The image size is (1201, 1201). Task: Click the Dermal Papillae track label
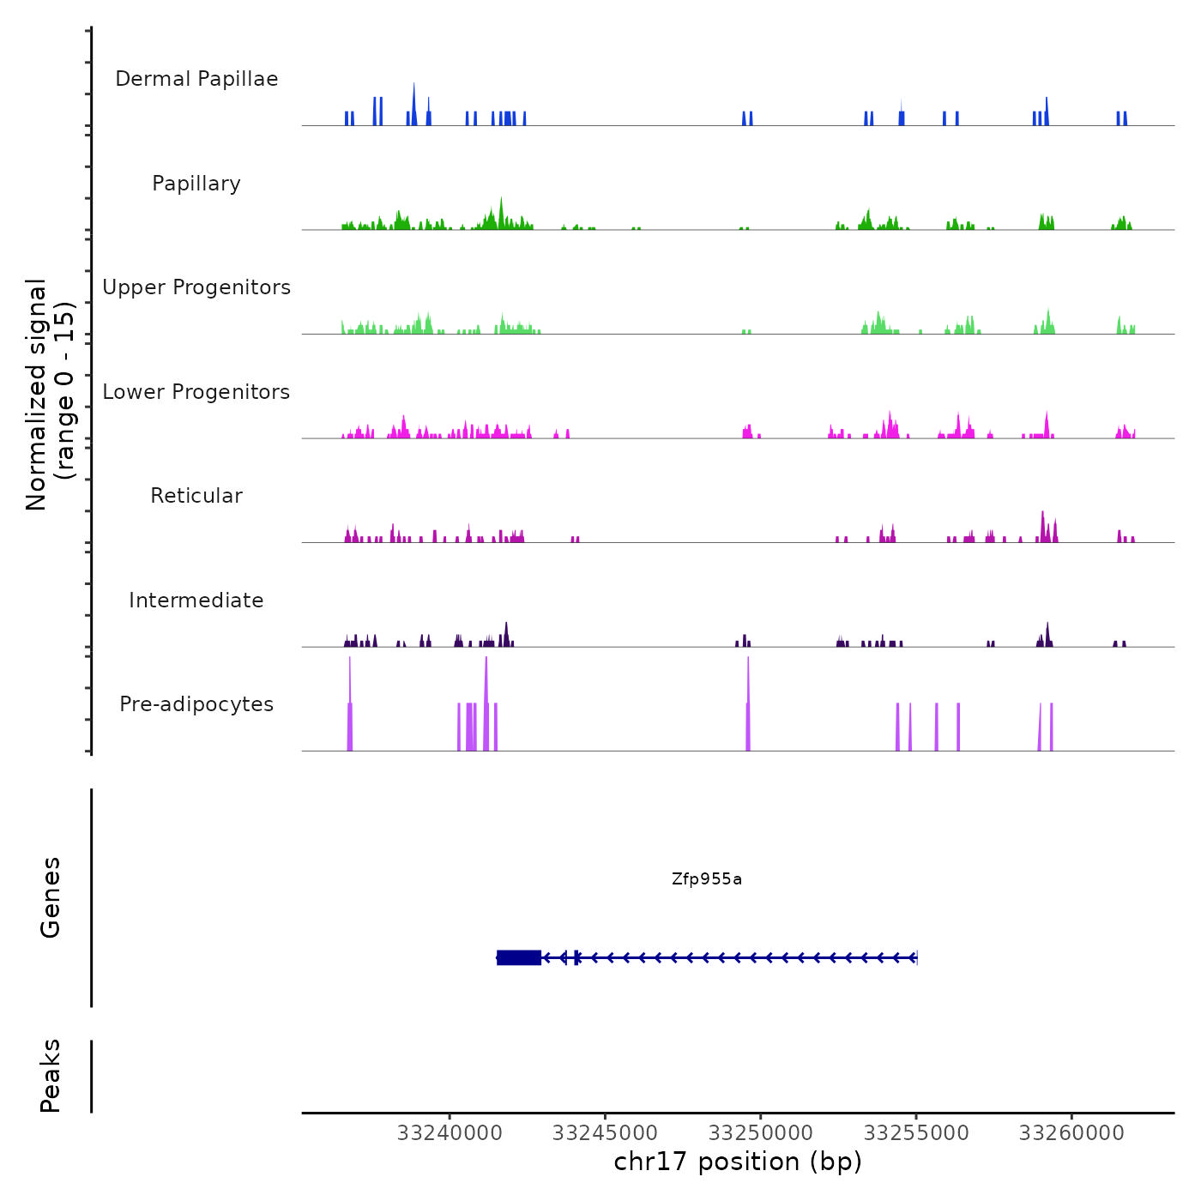point(196,79)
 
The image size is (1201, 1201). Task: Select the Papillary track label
point(196,184)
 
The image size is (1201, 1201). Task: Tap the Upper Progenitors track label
point(196,287)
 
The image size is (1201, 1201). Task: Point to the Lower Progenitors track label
point(196,392)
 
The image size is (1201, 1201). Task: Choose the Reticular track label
point(196,496)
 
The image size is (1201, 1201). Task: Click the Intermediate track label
point(196,600)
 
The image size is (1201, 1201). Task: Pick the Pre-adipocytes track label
point(196,704)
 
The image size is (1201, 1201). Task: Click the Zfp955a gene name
point(707,879)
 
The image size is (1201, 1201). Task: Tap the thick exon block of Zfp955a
point(519,957)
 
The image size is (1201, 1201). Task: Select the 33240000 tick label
point(450,1133)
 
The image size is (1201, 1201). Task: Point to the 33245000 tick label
point(605,1133)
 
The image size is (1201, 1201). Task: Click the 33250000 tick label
point(760,1133)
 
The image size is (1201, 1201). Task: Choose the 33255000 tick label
point(916,1133)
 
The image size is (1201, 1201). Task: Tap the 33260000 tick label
point(1071,1133)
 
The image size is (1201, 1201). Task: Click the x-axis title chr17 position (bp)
point(738,1162)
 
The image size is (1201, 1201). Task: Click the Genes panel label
point(51,897)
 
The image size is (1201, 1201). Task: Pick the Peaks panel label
point(51,1076)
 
